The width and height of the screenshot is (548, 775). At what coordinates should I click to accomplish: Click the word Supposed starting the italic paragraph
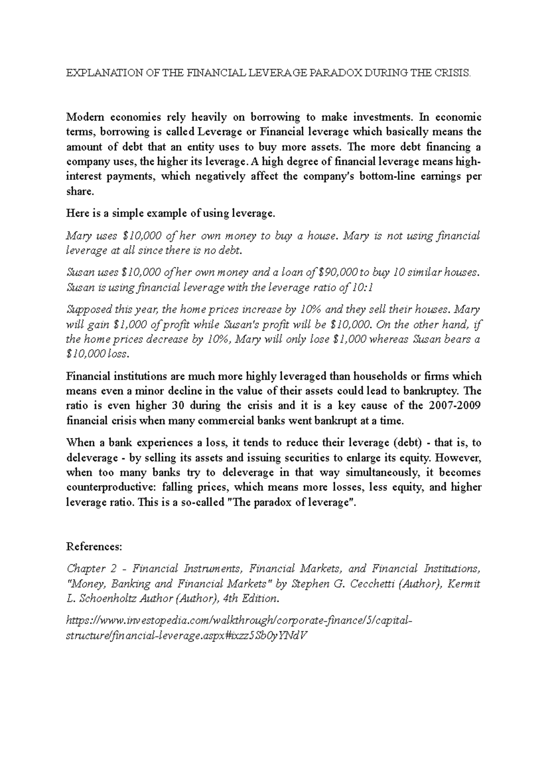pyautogui.click(x=90, y=309)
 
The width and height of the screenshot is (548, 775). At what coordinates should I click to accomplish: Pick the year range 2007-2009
pyautogui.click(x=455, y=406)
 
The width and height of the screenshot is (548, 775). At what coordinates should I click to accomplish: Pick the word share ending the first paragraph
pyautogui.click(x=79, y=191)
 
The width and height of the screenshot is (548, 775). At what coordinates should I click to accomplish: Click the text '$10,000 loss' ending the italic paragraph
pyautogui.click(x=98, y=354)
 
